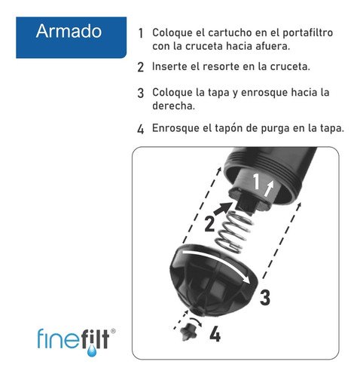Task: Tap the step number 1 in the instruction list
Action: point(141,35)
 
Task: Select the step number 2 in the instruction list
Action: point(141,67)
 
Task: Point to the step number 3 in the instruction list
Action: point(141,93)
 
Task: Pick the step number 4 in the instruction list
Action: point(141,128)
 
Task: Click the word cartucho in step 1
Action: point(222,34)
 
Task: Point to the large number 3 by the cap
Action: point(264,297)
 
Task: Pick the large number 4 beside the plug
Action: point(215,333)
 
